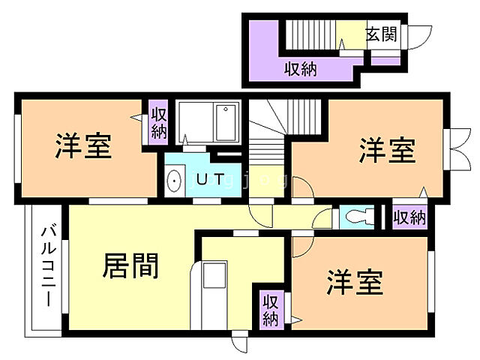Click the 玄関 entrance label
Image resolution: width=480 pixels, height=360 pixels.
[381, 34]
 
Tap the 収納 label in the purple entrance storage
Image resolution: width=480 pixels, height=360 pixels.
[300, 69]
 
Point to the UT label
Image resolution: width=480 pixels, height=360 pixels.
[208, 179]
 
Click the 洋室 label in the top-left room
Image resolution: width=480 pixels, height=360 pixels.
[82, 146]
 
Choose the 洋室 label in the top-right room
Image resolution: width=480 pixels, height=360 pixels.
[386, 150]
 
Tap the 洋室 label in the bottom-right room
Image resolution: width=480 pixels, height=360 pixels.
[354, 283]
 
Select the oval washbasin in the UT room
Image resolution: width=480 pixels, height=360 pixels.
[174, 181]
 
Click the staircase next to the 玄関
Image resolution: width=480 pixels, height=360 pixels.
[309, 34]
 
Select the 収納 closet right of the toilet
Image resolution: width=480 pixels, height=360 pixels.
[409, 217]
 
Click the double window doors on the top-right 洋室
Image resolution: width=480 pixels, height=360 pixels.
[454, 151]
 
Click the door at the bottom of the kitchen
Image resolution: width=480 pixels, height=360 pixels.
[240, 343]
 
